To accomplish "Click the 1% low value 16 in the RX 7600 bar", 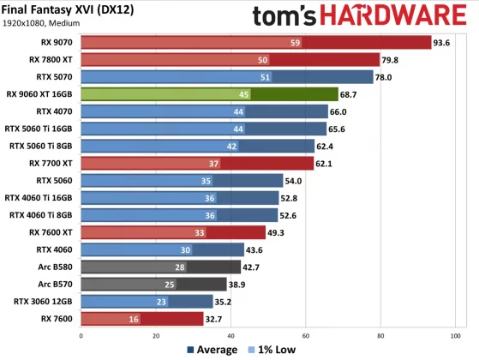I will coord(135,318).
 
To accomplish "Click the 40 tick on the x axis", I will coord(231,336).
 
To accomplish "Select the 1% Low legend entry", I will coord(272,350).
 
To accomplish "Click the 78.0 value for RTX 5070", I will coord(385,76).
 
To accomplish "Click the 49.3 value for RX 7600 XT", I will coord(278,231).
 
